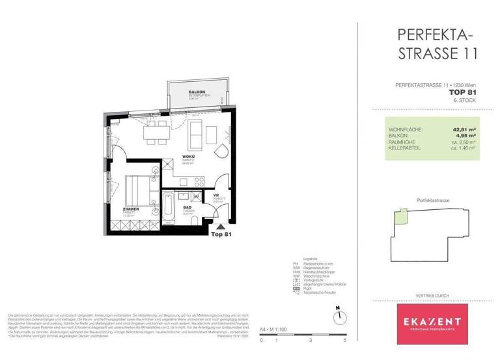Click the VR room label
[215, 194]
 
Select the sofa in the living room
[195, 133]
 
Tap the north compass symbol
[339, 318]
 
